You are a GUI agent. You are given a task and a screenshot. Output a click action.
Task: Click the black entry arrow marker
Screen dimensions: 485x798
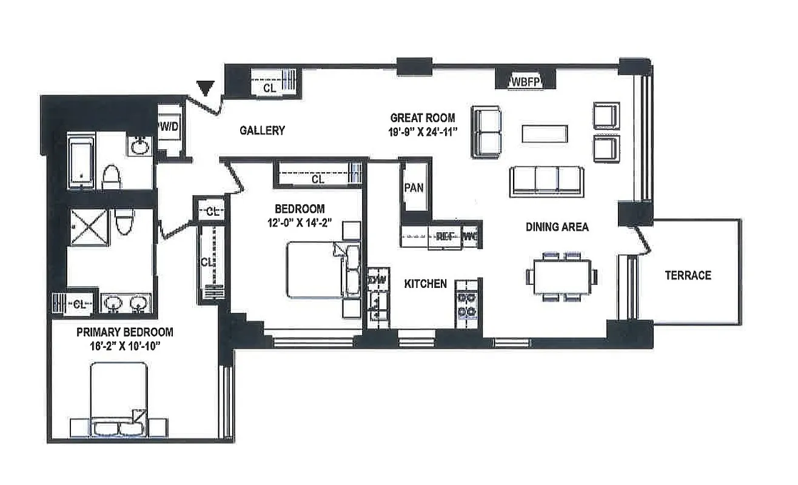pyautogui.click(x=207, y=89)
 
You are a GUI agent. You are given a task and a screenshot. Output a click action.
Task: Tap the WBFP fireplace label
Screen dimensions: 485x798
pyautogui.click(x=525, y=82)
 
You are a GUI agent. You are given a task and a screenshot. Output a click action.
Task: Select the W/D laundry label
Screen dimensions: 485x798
pyautogui.click(x=168, y=127)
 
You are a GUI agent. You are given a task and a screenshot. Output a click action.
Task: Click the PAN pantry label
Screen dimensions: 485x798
pyautogui.click(x=414, y=187)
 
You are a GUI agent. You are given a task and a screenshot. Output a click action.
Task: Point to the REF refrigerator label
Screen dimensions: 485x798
pyautogui.click(x=446, y=237)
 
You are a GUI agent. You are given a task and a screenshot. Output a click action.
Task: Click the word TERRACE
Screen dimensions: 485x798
pyautogui.click(x=688, y=275)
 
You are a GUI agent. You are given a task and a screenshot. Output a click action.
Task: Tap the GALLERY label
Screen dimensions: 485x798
pyautogui.click(x=262, y=130)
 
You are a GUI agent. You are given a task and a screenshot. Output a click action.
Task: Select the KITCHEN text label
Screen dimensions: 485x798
pyautogui.click(x=426, y=284)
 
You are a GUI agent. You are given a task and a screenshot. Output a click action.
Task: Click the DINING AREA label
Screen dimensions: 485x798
pyautogui.click(x=557, y=227)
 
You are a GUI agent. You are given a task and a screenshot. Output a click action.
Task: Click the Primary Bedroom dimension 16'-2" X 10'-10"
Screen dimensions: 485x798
pyautogui.click(x=124, y=347)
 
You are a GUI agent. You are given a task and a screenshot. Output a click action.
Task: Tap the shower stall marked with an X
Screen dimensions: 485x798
pyautogui.click(x=90, y=228)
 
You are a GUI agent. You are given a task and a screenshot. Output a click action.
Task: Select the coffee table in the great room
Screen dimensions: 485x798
pyautogui.click(x=545, y=134)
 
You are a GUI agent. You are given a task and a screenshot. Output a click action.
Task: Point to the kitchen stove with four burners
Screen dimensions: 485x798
pyautogui.click(x=466, y=304)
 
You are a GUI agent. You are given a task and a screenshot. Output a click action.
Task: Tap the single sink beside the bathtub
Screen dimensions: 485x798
pyautogui.click(x=141, y=145)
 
